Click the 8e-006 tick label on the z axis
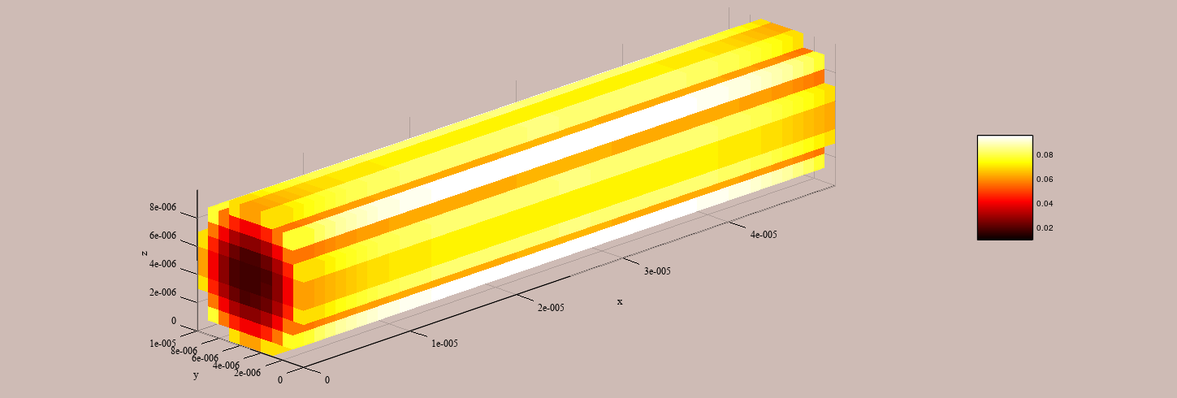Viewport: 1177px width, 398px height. coord(162,207)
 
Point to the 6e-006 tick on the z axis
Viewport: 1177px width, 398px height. coord(162,236)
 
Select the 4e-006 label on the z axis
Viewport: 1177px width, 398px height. coord(162,264)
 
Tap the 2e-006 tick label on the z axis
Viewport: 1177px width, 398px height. coord(162,292)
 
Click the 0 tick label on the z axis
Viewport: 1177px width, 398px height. coord(173,321)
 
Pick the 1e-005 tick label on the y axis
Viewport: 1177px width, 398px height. coord(163,344)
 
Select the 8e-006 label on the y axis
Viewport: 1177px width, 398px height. coord(184,351)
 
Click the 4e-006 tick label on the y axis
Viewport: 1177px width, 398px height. coord(227,366)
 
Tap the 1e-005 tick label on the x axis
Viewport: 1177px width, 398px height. coord(444,344)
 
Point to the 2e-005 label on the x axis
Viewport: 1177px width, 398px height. coord(551,308)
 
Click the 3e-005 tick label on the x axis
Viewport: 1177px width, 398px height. coord(657,271)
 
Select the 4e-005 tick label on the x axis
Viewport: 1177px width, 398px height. coord(763,235)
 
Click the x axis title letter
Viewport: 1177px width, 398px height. coord(620,302)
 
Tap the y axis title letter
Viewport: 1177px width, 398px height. coord(196,375)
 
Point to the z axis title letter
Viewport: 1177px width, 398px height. coord(144,253)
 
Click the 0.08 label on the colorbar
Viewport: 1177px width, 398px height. coord(1045,155)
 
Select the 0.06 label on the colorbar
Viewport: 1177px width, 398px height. coord(1045,180)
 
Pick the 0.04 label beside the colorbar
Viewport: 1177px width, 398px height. coord(1045,204)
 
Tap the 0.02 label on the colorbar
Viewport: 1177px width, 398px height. coord(1045,228)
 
